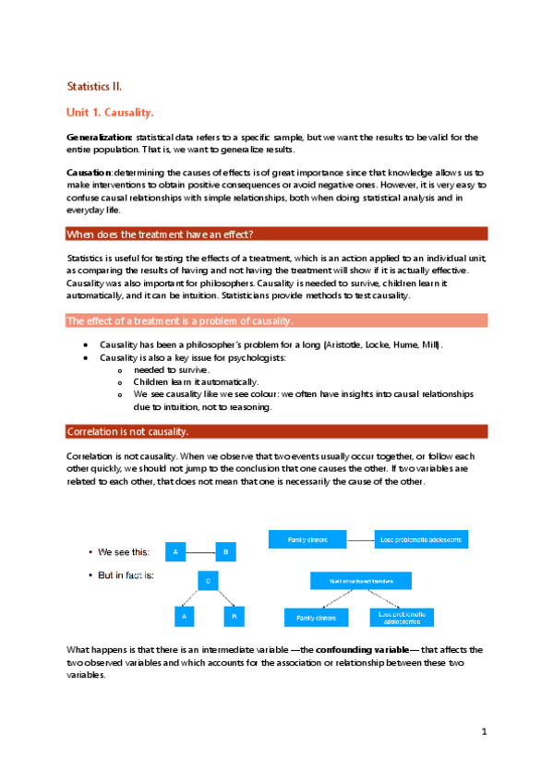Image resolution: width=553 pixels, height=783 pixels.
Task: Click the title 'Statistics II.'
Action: coord(101,86)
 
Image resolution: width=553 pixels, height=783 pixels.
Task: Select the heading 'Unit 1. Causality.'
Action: coord(109,113)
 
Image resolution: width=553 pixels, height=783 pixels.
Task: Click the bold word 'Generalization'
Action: coord(99,138)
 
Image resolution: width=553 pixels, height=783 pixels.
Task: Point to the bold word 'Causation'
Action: coord(90,173)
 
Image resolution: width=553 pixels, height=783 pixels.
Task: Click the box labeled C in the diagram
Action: coord(208,582)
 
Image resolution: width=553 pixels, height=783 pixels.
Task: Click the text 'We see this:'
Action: coord(124,552)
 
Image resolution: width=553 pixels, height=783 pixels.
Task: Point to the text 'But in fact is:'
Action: coord(126,575)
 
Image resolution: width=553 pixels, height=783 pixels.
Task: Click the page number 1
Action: coord(483,732)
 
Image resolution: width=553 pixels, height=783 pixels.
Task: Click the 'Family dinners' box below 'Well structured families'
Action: coord(316,616)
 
